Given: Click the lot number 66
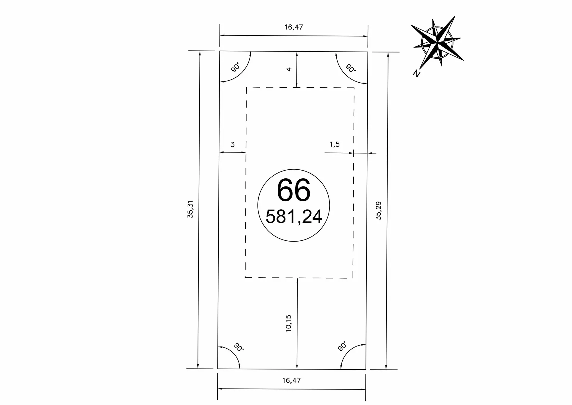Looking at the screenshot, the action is click(x=294, y=190).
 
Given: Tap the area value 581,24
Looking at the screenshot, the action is click(x=294, y=217).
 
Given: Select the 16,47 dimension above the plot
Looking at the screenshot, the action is click(x=293, y=27).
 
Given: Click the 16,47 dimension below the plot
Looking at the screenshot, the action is click(x=291, y=380).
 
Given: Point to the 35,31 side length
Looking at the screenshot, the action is click(x=190, y=209).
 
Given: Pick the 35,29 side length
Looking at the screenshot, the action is click(x=378, y=211).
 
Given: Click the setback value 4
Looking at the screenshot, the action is click(x=289, y=69).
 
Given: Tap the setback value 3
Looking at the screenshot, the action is click(x=233, y=144).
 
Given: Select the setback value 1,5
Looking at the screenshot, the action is click(x=335, y=144).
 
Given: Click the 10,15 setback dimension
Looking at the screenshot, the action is click(x=288, y=323).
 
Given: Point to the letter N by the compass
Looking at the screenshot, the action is click(x=416, y=73).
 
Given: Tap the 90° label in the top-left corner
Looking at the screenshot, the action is click(x=235, y=68).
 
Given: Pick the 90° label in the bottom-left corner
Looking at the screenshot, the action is click(x=239, y=347).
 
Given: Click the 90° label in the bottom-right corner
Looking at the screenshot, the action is click(x=343, y=346).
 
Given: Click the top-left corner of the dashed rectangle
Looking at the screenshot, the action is click(x=246, y=87).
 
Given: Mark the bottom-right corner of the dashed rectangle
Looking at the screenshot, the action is click(x=353, y=278).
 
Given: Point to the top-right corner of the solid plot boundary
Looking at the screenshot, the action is click(x=368, y=52).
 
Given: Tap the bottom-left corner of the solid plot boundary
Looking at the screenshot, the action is click(x=218, y=369).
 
